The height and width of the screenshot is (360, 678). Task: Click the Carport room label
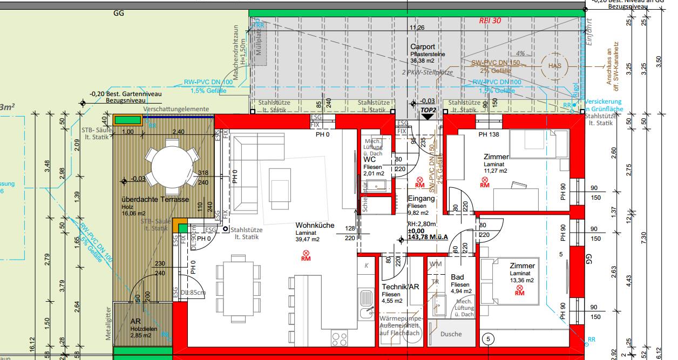(x=422, y=47)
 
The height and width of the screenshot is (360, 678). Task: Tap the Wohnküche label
(x=315, y=226)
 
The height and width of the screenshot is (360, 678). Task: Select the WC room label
(x=370, y=160)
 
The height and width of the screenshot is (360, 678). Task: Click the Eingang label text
(x=421, y=198)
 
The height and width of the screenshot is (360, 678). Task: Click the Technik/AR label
(x=400, y=287)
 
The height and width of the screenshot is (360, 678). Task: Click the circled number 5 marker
(x=489, y=339)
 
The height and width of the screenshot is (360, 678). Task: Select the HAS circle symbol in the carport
(x=554, y=66)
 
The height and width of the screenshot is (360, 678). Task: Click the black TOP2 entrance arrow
(x=427, y=116)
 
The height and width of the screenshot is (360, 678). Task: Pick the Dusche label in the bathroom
(x=451, y=334)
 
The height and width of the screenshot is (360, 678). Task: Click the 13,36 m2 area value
(x=521, y=281)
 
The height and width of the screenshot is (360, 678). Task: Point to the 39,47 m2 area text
(x=307, y=239)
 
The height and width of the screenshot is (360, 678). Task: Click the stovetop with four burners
(x=340, y=339)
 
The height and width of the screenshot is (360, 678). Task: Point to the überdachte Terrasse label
(x=155, y=200)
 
